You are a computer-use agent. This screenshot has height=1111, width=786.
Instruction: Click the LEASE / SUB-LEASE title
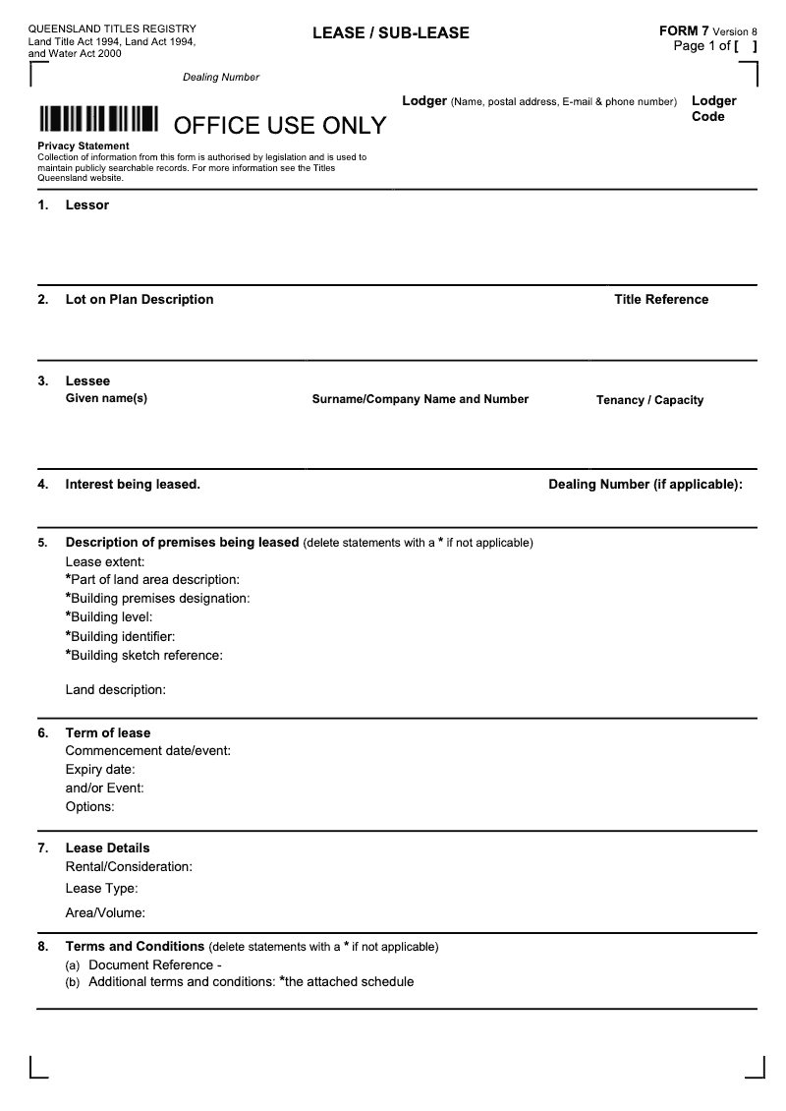point(391,33)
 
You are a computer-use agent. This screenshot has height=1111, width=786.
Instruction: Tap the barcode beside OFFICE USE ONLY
point(98,119)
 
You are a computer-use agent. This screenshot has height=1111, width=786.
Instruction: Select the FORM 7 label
point(684,31)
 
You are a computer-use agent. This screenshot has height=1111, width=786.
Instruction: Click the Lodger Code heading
point(713,108)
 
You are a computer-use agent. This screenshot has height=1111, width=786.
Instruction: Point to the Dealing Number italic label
point(221,78)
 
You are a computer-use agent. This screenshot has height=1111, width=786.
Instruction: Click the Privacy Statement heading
point(84,146)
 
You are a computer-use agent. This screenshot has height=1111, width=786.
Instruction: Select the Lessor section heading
point(87,205)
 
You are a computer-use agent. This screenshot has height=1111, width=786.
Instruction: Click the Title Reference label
point(661,300)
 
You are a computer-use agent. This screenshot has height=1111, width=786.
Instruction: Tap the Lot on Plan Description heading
point(140,300)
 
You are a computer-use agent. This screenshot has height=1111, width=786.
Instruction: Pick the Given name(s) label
point(106,398)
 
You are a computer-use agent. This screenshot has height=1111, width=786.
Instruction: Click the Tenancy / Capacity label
point(649,400)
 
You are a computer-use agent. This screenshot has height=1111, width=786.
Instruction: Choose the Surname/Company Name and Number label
point(421,399)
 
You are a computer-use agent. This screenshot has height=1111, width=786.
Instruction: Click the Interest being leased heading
point(133,485)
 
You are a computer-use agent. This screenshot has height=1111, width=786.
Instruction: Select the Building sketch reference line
point(144,656)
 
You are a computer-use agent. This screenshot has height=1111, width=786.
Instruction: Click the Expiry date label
point(100,770)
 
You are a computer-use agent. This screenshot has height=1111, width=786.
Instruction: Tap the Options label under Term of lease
point(90,807)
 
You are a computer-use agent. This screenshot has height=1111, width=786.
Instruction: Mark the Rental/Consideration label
point(129,867)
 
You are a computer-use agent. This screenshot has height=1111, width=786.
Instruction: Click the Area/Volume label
point(105,913)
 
